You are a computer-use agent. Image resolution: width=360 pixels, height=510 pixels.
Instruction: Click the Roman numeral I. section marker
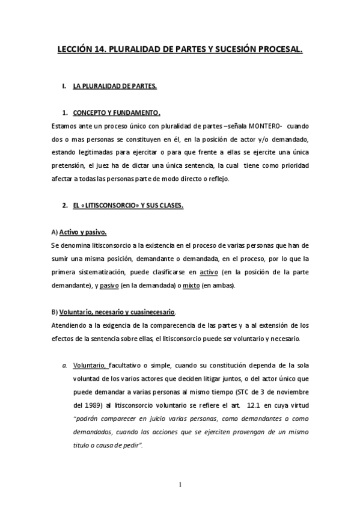point(64,87)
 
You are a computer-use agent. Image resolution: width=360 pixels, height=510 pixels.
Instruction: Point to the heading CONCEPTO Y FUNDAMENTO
point(117,112)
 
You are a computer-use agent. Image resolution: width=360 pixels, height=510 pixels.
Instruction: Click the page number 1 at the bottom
point(180,484)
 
